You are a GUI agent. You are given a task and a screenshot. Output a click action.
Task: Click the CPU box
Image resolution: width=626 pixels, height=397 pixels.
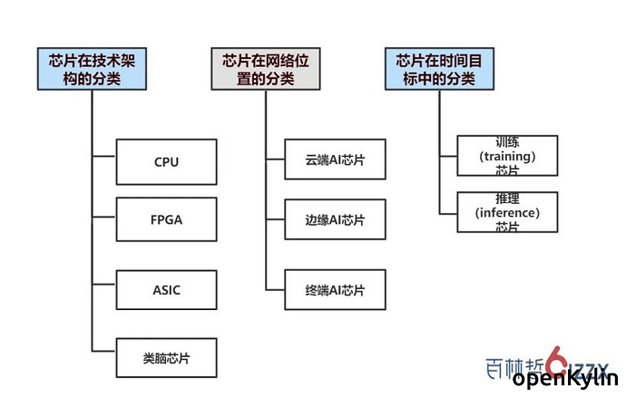(x=166, y=161)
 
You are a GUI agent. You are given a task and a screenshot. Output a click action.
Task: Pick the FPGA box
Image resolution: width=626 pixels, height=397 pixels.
(x=166, y=219)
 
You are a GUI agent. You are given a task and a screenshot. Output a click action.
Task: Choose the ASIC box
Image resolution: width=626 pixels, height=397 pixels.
(x=166, y=290)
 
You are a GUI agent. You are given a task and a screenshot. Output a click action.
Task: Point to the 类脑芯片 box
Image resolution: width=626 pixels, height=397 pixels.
(x=166, y=356)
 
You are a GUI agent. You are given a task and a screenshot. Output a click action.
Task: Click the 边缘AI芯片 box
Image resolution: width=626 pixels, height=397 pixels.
(x=335, y=220)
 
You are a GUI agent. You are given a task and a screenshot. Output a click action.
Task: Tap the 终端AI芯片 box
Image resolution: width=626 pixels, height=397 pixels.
(x=335, y=290)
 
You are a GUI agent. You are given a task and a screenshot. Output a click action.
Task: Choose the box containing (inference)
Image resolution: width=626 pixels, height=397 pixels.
(x=507, y=213)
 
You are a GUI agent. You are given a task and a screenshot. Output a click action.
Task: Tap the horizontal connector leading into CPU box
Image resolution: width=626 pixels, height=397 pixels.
(x=104, y=161)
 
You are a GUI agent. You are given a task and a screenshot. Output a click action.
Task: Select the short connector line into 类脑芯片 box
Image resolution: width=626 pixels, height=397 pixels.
(x=104, y=352)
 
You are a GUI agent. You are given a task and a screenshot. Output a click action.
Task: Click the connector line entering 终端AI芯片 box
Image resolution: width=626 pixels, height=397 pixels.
(x=275, y=290)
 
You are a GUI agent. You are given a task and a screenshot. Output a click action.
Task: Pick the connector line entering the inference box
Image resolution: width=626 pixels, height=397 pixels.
(x=448, y=213)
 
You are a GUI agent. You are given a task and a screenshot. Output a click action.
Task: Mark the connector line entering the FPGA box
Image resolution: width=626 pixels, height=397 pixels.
(x=104, y=219)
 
